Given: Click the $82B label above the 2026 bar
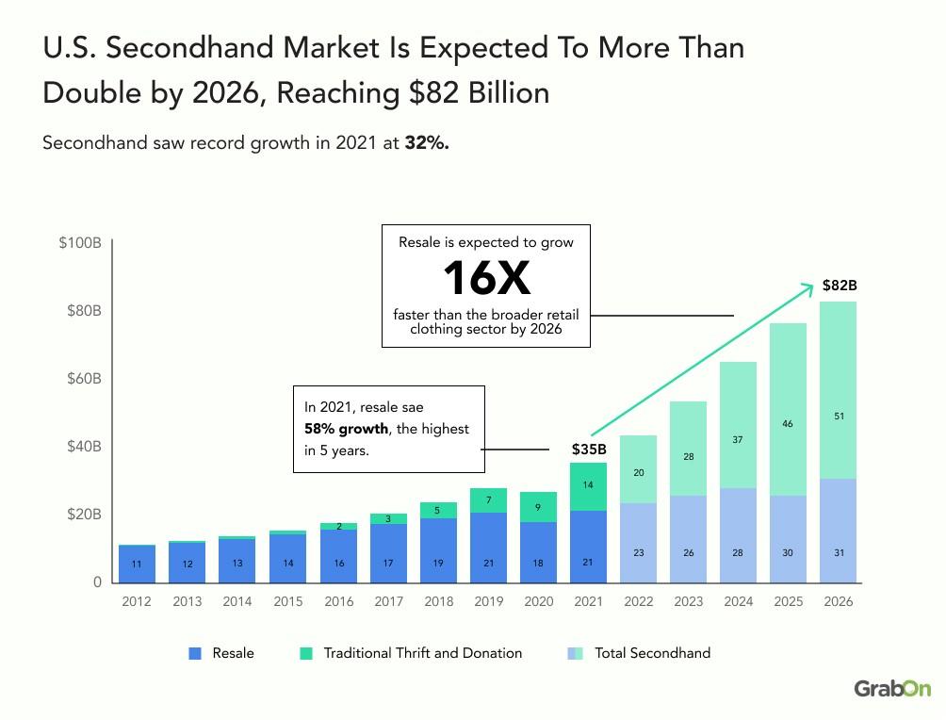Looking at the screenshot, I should tap(839, 286).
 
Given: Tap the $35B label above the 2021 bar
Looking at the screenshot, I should tap(589, 450).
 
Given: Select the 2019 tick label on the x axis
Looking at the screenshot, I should tap(488, 602).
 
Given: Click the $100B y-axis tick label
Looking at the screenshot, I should tap(79, 243).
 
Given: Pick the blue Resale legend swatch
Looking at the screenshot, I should tap(195, 653).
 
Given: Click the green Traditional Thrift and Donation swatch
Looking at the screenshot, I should tap(306, 653).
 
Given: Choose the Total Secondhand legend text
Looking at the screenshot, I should tap(652, 653).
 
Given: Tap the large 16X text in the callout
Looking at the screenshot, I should tap(485, 278).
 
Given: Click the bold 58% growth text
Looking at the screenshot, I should tap(346, 429).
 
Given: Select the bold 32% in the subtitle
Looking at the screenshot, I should tap(427, 144).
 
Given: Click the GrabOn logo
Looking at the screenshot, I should tap(891, 689).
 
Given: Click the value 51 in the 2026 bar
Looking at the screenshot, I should tap(839, 417).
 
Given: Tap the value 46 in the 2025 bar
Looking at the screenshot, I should tap(788, 424).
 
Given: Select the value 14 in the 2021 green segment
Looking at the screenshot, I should tap(589, 485).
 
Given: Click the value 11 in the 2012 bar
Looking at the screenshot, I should tap(137, 565).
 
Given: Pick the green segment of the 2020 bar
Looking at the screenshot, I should tap(538, 507).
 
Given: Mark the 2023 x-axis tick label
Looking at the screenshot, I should tap(689, 602).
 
